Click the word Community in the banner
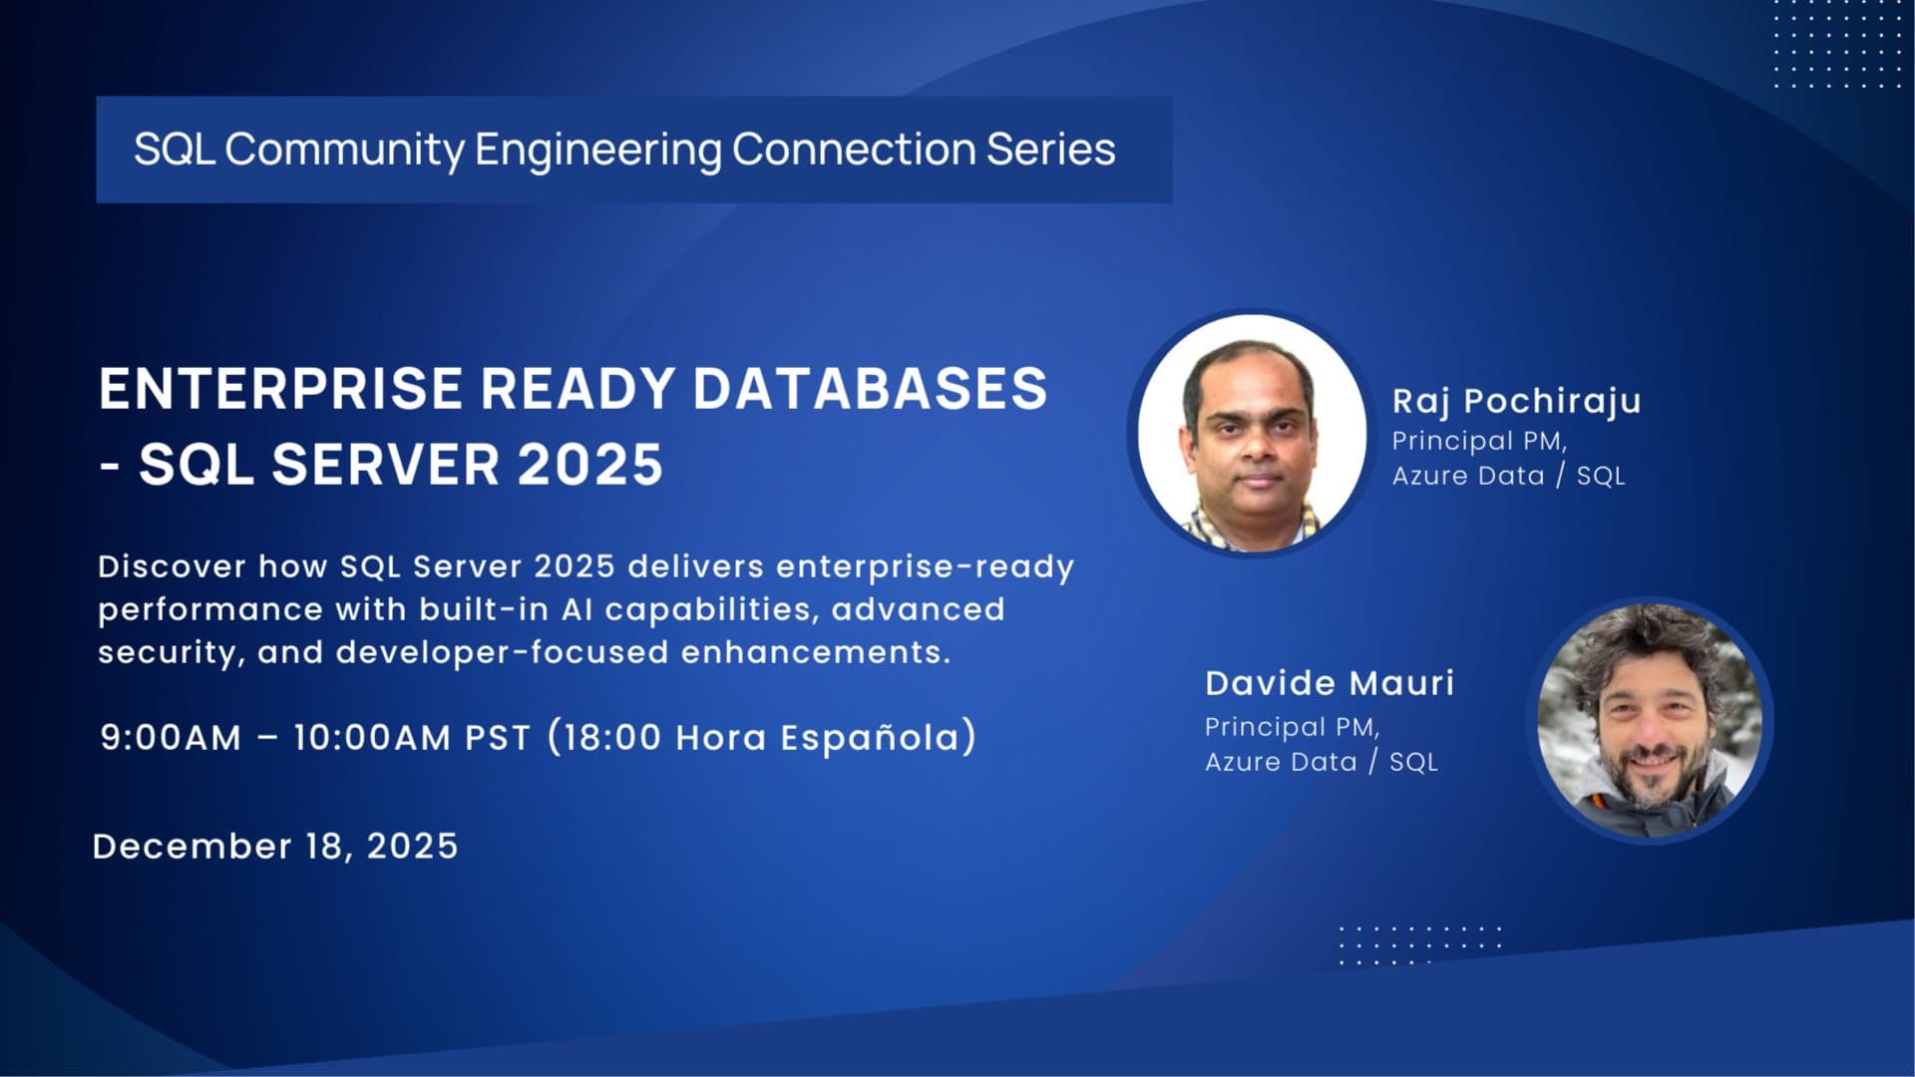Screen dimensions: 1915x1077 (344, 150)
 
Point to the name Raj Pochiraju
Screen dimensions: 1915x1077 (1516, 401)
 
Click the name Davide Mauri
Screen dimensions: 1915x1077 (1330, 683)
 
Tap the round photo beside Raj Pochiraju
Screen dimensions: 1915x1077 (1252, 433)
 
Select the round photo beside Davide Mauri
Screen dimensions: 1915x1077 (1650, 720)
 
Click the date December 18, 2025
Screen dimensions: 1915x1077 (275, 847)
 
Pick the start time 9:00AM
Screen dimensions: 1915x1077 (171, 738)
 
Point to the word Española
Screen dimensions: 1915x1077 (870, 739)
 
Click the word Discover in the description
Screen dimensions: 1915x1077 (172, 566)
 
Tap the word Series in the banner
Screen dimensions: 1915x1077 (1051, 150)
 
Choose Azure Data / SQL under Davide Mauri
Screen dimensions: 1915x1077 (1321, 762)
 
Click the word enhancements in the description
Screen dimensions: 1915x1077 (815, 652)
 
